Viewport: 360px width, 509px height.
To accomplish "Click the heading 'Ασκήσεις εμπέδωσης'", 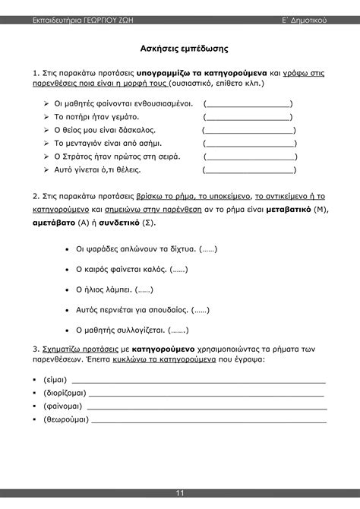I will [179, 48].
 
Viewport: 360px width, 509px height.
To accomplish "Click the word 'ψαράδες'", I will [108, 248].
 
